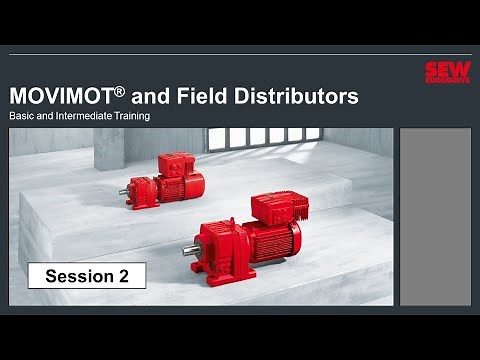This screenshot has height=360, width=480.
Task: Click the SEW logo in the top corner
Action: (447, 72)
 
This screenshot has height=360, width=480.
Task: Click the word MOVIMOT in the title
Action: (60, 97)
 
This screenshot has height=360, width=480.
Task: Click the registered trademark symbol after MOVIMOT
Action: (118, 91)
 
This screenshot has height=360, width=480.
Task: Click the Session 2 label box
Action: (87, 276)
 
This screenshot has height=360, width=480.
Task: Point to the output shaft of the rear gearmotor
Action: (124, 190)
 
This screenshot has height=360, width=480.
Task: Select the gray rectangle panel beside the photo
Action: (435, 215)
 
